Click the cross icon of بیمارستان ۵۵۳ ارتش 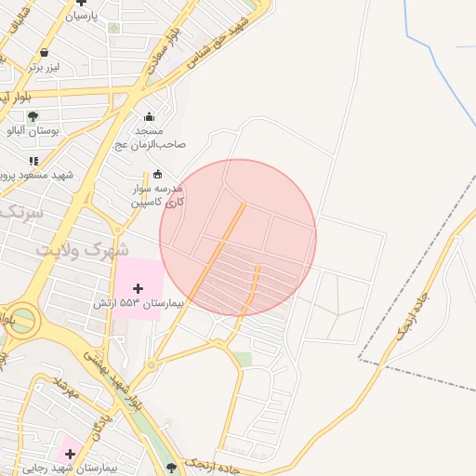point(139,289)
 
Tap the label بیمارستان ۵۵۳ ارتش point(129,304)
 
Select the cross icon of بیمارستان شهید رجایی point(70,454)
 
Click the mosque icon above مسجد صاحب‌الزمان point(149,117)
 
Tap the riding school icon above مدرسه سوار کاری point(157,173)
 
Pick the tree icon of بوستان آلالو point(33,117)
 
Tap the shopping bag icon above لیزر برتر point(44,52)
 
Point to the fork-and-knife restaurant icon point(33,161)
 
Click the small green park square point(242,359)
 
